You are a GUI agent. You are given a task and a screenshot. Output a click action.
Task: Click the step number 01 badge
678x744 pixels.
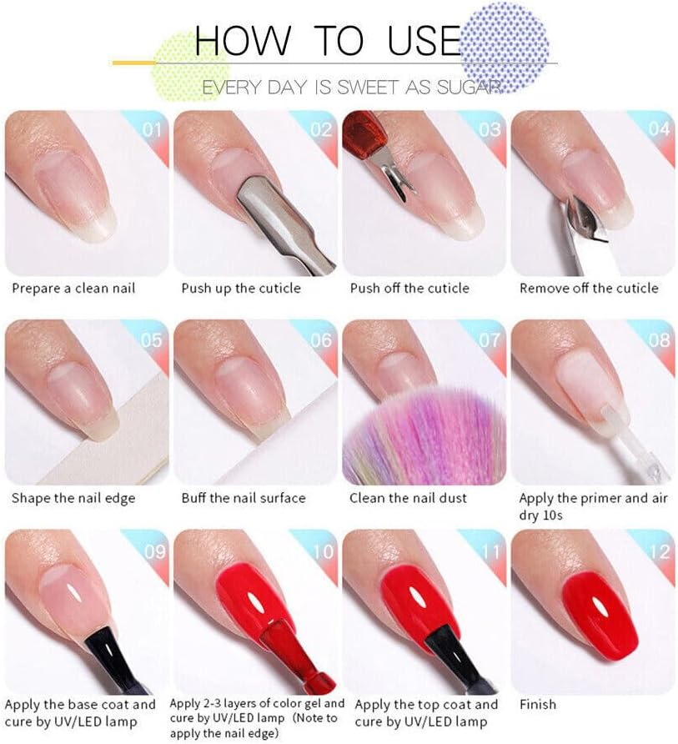click(151, 129)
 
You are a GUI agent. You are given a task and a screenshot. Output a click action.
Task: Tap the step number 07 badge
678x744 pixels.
click(489, 339)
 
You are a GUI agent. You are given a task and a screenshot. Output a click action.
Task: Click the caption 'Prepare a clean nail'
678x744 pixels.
click(73, 289)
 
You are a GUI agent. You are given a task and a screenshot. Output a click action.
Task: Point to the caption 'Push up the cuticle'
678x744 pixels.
click(241, 289)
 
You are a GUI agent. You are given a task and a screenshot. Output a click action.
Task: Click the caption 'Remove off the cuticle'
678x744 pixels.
click(589, 289)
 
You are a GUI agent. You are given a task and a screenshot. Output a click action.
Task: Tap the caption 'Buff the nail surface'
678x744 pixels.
click(244, 499)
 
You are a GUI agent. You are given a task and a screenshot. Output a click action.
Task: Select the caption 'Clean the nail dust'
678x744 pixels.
click(409, 499)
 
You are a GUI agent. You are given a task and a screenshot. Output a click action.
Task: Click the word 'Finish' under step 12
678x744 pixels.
click(538, 705)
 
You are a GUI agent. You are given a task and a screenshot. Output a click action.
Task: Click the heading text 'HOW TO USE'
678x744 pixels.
click(327, 40)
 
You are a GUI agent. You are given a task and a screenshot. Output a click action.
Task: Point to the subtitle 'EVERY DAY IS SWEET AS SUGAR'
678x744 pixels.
click(350, 87)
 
